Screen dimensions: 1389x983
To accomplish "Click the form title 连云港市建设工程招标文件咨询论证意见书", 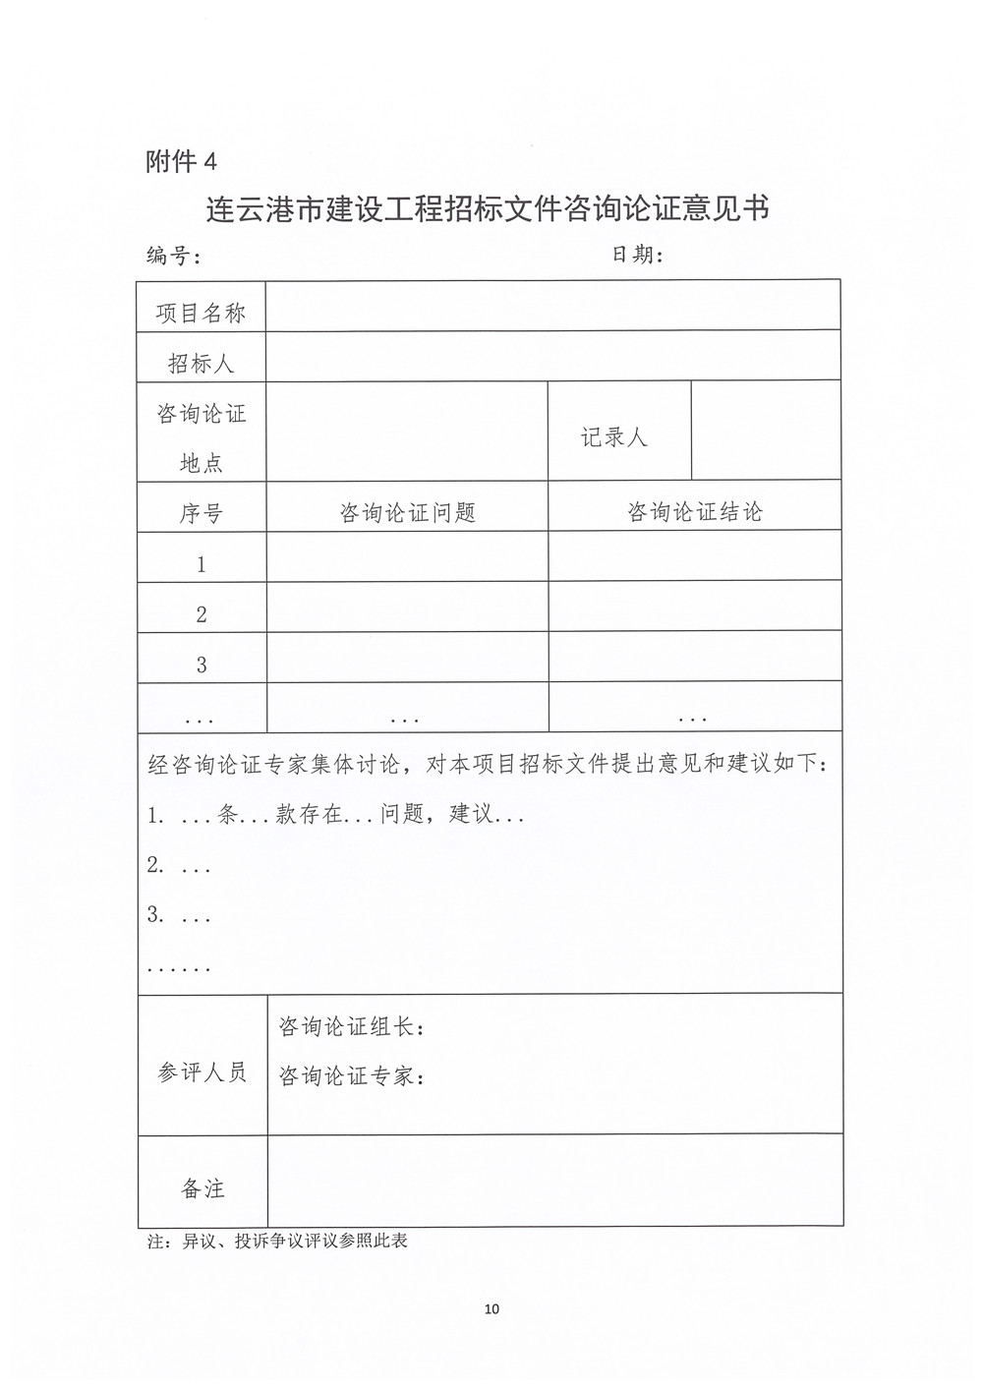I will point(488,209).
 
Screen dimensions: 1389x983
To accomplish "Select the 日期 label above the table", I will point(637,255).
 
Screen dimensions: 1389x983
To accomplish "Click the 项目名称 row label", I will point(202,314).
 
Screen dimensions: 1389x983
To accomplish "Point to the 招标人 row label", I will point(202,364).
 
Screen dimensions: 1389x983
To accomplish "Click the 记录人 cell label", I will point(614,437).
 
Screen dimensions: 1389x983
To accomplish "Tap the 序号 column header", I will point(202,513).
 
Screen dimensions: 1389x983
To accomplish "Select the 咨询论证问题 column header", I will point(407,513).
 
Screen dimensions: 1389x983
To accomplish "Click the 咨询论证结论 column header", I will point(695,512).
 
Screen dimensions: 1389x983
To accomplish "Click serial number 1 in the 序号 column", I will point(202,564).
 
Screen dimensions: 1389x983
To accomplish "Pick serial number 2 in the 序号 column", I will point(202,614).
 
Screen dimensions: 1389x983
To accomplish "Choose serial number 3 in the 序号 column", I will point(202,665).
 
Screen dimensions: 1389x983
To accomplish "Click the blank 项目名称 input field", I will point(552,306).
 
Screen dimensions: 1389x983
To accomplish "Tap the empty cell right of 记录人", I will point(766,431).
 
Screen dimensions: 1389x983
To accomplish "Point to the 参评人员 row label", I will point(202,1072).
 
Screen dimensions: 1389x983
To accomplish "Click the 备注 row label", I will point(202,1188).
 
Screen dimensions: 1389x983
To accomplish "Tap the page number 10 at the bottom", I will point(492,1308).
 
